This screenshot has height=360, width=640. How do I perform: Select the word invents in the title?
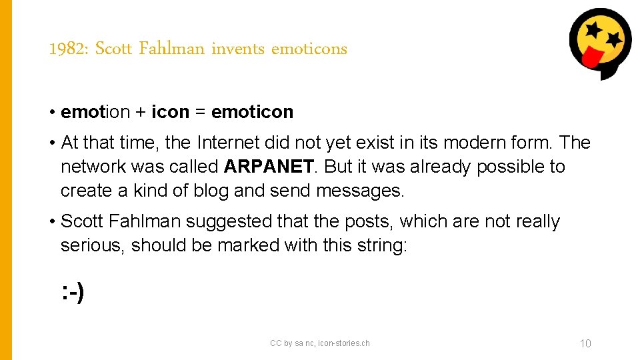tap(237, 49)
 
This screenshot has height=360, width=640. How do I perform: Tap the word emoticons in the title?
tap(309, 49)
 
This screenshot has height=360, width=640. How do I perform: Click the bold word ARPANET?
tap(268, 167)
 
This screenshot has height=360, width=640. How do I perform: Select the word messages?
tap(360, 191)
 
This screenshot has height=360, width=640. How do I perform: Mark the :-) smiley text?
tap(72, 291)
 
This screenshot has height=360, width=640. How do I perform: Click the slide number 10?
tap(585, 344)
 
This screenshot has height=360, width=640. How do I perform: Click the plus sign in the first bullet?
tap(141, 112)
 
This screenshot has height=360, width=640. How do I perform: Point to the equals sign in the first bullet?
tap(200, 112)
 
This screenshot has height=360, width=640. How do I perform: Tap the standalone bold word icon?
tap(171, 112)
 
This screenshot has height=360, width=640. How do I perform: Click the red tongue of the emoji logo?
tap(590, 59)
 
